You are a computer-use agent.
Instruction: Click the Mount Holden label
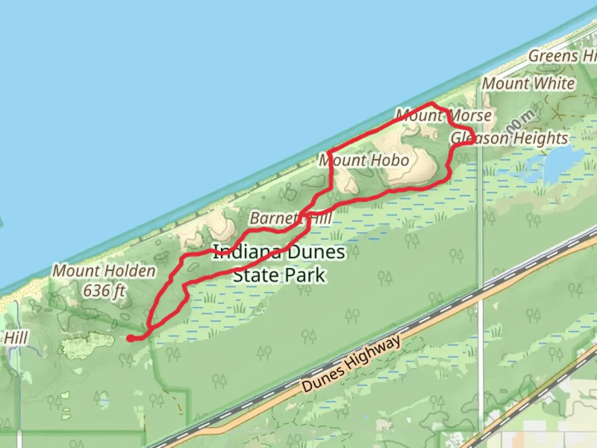tap(104, 271)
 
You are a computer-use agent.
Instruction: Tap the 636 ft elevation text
tap(104, 291)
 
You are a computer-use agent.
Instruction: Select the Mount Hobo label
tap(364, 160)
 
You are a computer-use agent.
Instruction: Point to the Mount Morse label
tap(444, 115)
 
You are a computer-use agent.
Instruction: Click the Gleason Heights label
tap(509, 138)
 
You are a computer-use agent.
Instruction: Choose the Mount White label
tap(528, 84)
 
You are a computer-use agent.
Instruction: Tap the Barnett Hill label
tap(290, 218)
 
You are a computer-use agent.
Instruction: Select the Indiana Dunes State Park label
tap(279, 263)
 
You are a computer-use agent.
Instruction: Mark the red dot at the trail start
tap(130, 338)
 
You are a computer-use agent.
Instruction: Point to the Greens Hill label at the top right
tap(562, 56)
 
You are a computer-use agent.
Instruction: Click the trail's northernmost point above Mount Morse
tap(432, 102)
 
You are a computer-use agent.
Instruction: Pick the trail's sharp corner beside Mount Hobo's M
tap(330, 152)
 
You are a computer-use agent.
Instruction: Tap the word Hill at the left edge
tap(16, 338)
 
